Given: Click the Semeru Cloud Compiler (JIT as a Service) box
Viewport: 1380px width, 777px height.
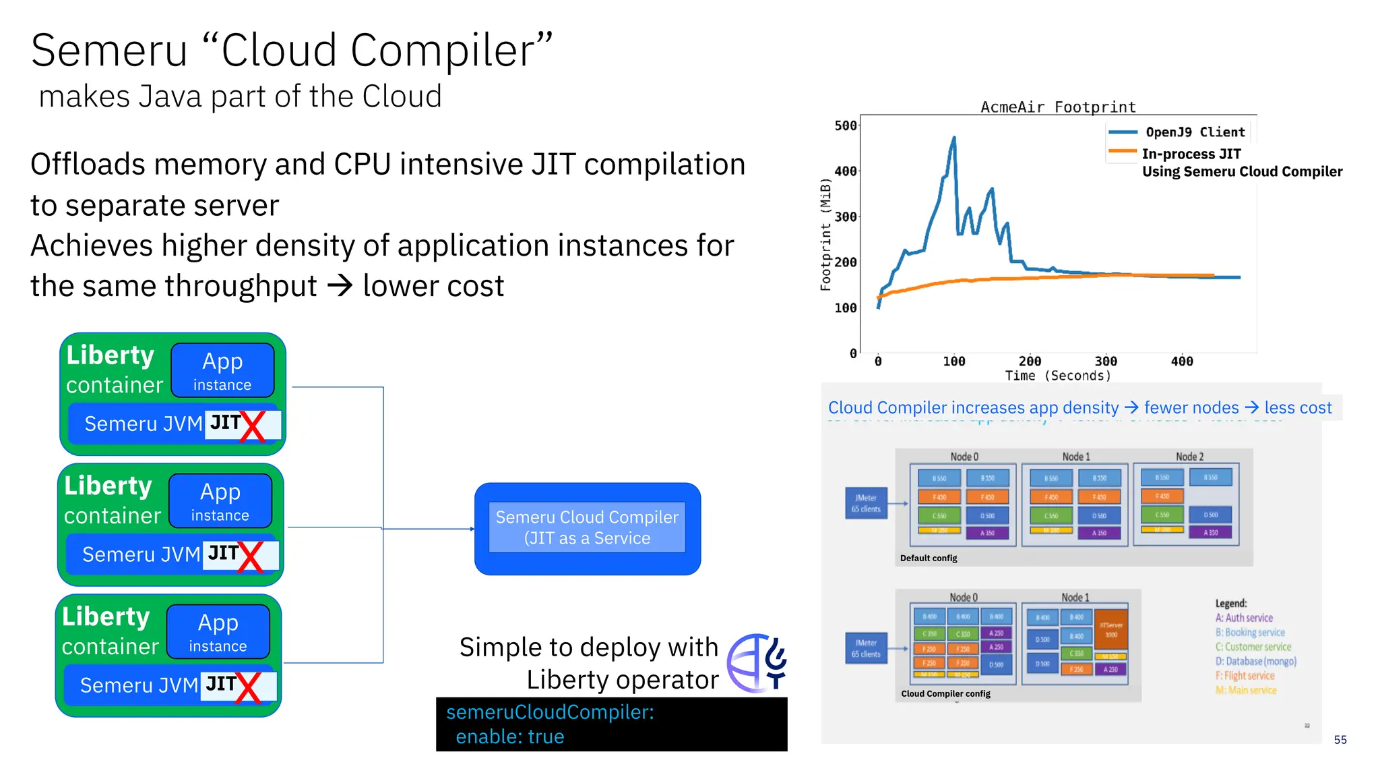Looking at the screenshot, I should tap(587, 528).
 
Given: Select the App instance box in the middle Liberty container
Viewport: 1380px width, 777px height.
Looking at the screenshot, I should tap(220, 501).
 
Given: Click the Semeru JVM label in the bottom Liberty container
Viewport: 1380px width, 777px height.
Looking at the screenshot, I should tap(139, 685).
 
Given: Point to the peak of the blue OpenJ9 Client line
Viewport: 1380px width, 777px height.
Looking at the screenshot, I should tap(953, 138).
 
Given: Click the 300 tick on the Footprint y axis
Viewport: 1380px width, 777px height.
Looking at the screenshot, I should tap(845, 217).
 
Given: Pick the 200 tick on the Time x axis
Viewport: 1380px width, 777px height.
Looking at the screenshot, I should tap(1030, 362).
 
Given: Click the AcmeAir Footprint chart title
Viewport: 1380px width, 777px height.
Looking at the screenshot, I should tap(1058, 107).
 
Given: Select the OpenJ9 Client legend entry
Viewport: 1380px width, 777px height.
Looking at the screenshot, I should tap(1195, 132).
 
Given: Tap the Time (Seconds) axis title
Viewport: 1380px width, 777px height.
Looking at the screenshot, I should tap(1058, 376).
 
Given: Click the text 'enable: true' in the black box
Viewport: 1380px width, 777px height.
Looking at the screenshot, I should tap(510, 737).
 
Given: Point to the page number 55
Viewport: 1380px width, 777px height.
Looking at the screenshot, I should tap(1340, 740).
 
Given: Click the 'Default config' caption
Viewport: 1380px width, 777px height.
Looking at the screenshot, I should tap(929, 558).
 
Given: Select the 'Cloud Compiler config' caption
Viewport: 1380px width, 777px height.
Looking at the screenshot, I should tap(945, 694).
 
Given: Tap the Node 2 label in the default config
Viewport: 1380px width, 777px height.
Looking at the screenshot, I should tap(1189, 457).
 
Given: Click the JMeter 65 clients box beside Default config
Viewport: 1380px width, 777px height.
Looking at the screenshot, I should tap(867, 503).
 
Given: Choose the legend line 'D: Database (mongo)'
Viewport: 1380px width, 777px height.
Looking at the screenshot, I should tap(1256, 662).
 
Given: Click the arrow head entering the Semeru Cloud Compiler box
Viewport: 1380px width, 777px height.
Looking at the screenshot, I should tap(472, 529).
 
